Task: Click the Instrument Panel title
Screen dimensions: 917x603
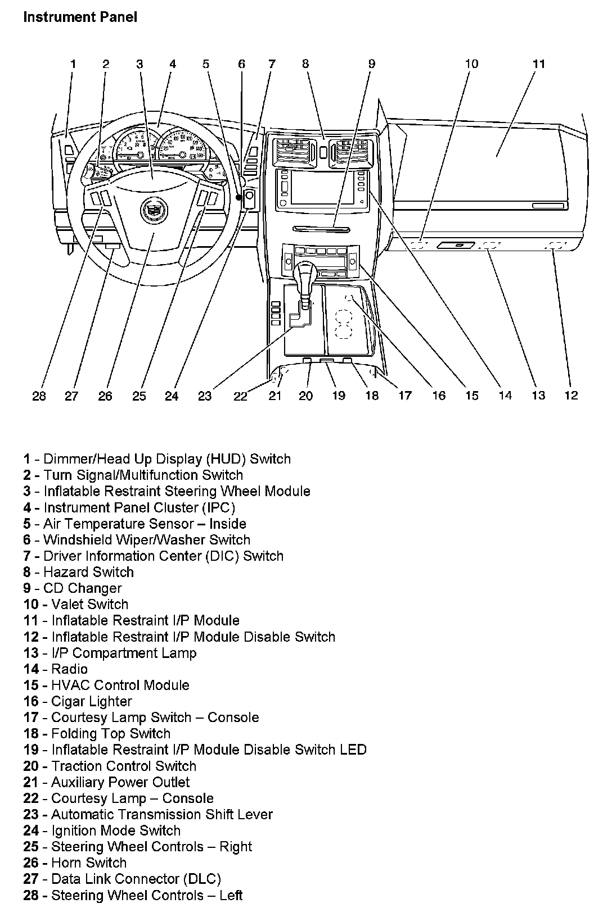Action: point(80,17)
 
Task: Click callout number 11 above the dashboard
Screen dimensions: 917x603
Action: point(538,64)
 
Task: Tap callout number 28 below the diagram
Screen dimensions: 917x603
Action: point(39,396)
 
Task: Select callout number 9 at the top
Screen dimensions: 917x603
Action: point(371,64)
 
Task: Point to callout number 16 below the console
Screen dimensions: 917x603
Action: point(439,396)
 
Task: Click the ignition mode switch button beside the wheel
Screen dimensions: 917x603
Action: point(250,197)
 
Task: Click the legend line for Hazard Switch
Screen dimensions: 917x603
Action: point(79,572)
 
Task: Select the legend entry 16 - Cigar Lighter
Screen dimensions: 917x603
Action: point(78,701)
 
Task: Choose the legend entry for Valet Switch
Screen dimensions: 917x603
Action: point(76,604)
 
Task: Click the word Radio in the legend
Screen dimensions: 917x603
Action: point(69,669)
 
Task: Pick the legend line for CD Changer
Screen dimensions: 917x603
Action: point(73,588)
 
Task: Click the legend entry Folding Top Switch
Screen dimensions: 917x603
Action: point(97,733)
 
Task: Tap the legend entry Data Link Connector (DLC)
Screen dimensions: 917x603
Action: point(122,879)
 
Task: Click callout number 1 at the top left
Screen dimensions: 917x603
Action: point(73,64)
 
